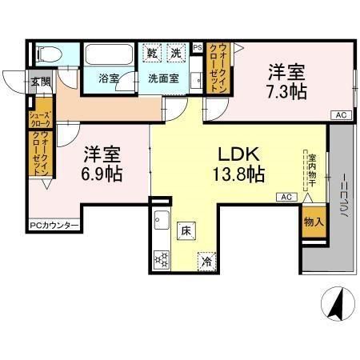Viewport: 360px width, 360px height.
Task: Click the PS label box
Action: click(197, 48)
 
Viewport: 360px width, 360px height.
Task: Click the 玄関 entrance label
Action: click(40, 81)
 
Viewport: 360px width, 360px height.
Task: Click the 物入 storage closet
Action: click(313, 222)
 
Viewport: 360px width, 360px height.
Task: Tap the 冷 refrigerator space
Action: click(207, 261)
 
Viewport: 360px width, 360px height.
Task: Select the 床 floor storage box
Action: click(183, 231)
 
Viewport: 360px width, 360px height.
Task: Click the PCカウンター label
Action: click(54, 225)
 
